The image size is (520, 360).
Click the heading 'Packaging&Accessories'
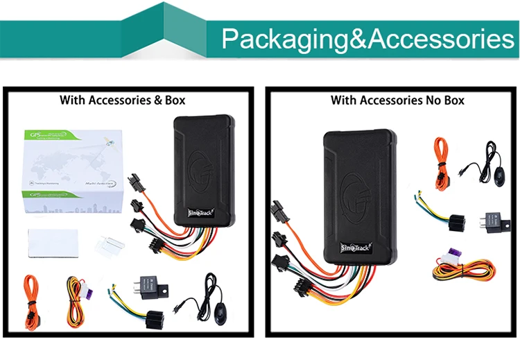point(367,39)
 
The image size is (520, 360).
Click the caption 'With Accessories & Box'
point(123,100)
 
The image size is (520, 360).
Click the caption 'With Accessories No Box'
point(397,100)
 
